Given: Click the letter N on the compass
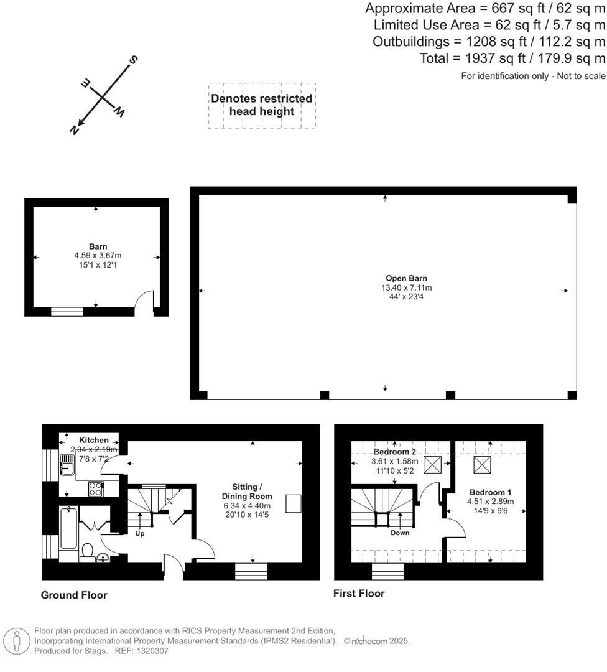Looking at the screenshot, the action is tap(74, 129).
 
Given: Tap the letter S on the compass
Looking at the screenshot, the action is tap(133, 60).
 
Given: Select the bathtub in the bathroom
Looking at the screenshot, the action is tap(68, 528).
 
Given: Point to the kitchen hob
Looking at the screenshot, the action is tap(96, 489).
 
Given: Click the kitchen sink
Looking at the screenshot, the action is tap(67, 465).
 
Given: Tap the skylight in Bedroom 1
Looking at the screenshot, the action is tap(482, 465).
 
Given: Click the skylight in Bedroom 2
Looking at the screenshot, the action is tap(432, 465).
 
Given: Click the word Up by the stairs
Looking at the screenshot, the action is tap(140, 534).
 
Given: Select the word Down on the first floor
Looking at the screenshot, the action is tap(400, 533).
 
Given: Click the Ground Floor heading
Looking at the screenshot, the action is tap(73, 595).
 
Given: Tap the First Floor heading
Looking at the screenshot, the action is tap(359, 594).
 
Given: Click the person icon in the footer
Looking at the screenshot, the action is tap(17, 642).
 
